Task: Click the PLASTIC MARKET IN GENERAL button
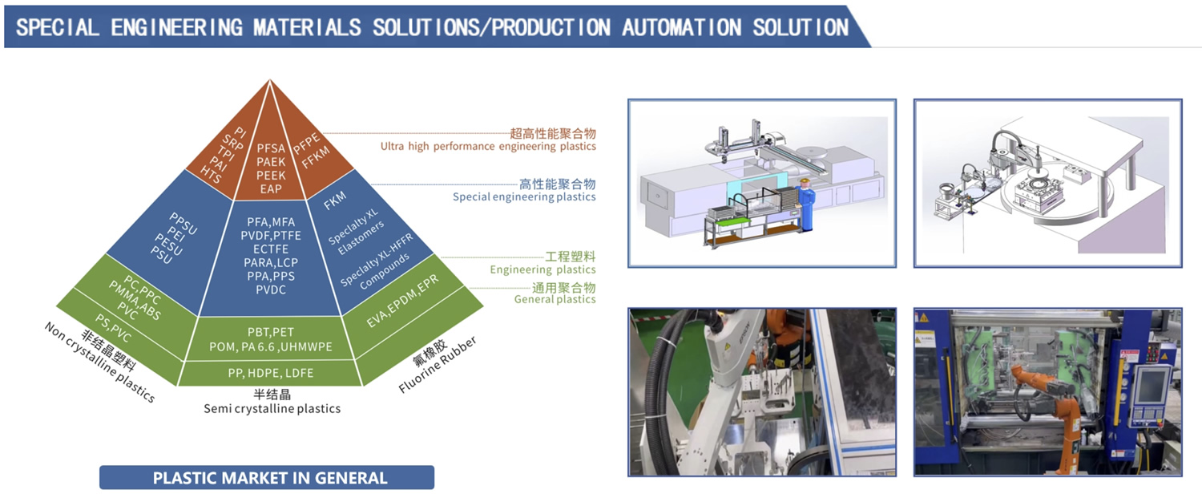click(x=267, y=478)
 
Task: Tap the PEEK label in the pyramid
click(x=271, y=176)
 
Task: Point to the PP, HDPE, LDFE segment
click(x=270, y=373)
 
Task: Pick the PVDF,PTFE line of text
click(x=269, y=235)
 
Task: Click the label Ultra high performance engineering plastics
click(x=487, y=147)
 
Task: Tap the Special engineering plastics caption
click(x=524, y=197)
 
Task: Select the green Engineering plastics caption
click(x=543, y=270)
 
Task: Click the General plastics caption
click(x=555, y=300)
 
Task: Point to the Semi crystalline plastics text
click(x=272, y=409)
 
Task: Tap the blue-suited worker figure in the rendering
click(x=806, y=205)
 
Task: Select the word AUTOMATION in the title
click(x=680, y=27)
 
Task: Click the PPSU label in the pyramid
click(x=183, y=223)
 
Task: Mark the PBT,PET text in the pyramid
click(x=270, y=332)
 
